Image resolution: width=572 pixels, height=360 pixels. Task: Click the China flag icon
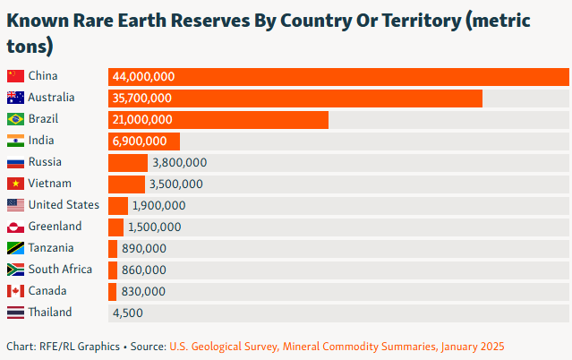15,76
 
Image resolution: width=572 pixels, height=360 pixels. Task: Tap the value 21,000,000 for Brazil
142,119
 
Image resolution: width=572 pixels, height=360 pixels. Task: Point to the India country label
41,141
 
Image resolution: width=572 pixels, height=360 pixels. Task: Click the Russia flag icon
15,162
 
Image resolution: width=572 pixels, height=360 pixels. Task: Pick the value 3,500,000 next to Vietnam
176,184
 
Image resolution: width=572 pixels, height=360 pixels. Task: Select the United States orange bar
118,205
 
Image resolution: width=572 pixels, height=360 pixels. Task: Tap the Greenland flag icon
15,227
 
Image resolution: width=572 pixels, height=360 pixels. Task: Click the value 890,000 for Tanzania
144,249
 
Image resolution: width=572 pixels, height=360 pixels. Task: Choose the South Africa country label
60,270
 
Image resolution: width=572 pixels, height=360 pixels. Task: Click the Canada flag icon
15,291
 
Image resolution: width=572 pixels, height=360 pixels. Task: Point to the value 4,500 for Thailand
127,313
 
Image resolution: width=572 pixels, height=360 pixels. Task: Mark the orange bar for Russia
128,162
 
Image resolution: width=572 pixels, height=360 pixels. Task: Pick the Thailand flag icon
15,313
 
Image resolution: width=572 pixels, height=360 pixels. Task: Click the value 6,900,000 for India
140,141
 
